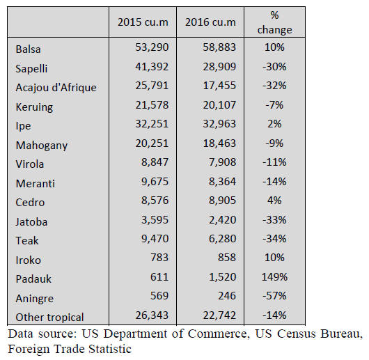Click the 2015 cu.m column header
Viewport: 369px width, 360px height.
tap(143, 22)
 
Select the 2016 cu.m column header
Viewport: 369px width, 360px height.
tap(210, 22)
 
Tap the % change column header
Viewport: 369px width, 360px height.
tap(274, 22)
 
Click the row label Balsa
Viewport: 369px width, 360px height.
tap(28, 49)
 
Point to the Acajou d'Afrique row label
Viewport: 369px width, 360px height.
tap(56, 88)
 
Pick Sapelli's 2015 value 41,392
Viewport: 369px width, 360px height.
tap(152, 67)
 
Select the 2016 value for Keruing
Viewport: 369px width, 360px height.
tap(219, 105)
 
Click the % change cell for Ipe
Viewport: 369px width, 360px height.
tap(274, 124)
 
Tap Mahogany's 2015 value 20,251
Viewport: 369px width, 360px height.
tap(152, 143)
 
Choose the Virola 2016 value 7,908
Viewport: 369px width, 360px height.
tap(222, 162)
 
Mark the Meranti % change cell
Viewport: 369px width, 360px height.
tap(274, 182)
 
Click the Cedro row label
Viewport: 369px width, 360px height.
tap(30, 203)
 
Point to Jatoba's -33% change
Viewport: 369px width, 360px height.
tap(274, 220)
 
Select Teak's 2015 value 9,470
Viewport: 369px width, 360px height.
tap(155, 239)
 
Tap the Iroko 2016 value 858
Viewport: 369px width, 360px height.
tap(227, 257)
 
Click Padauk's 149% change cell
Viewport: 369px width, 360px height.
tap(274, 277)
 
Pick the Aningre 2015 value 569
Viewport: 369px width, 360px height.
tap(159, 295)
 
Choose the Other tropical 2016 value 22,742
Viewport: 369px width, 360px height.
tap(219, 315)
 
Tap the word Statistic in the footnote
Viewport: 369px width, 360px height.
tap(110, 349)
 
